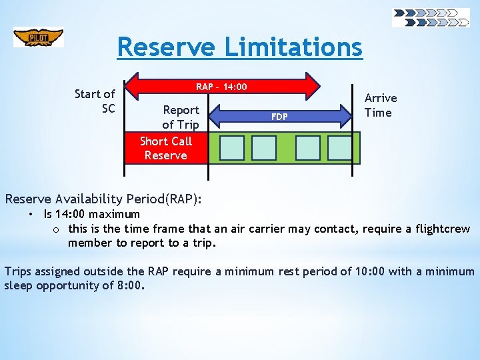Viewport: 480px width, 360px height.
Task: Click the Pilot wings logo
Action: tap(38, 37)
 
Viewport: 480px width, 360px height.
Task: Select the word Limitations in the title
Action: tap(293, 47)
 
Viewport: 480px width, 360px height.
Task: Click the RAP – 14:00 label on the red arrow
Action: tap(221, 87)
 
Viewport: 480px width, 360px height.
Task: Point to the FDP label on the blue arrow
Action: tap(279, 117)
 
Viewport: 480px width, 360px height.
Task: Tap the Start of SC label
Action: tap(95, 101)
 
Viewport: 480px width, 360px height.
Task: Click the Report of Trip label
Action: tap(181, 117)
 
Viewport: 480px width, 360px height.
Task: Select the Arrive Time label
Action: tap(380, 105)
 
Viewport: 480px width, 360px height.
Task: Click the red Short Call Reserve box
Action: tap(166, 148)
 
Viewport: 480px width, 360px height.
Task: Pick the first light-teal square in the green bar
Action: tap(232, 148)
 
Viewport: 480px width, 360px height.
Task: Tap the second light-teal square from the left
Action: tap(264, 148)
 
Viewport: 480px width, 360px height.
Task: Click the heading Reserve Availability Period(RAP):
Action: tap(103, 199)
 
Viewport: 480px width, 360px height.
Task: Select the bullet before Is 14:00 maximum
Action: tap(31, 214)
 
